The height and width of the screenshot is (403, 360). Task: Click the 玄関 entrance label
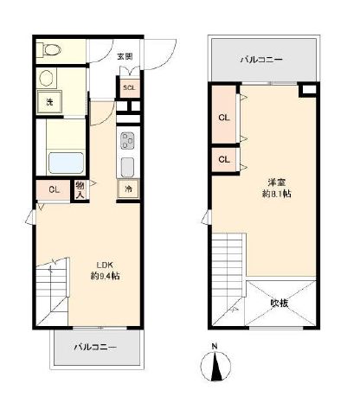click(x=125, y=57)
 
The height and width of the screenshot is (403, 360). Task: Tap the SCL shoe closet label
click(x=128, y=87)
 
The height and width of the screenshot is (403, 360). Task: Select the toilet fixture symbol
click(x=48, y=51)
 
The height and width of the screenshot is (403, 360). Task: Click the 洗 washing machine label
click(x=48, y=103)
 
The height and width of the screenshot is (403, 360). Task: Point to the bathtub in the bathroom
click(x=66, y=163)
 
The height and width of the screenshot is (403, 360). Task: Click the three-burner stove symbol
click(x=127, y=140)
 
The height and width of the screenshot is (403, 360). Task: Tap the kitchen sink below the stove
click(x=127, y=166)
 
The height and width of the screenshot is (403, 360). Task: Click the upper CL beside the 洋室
click(x=223, y=118)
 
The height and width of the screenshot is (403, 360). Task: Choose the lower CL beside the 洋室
click(x=223, y=160)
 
